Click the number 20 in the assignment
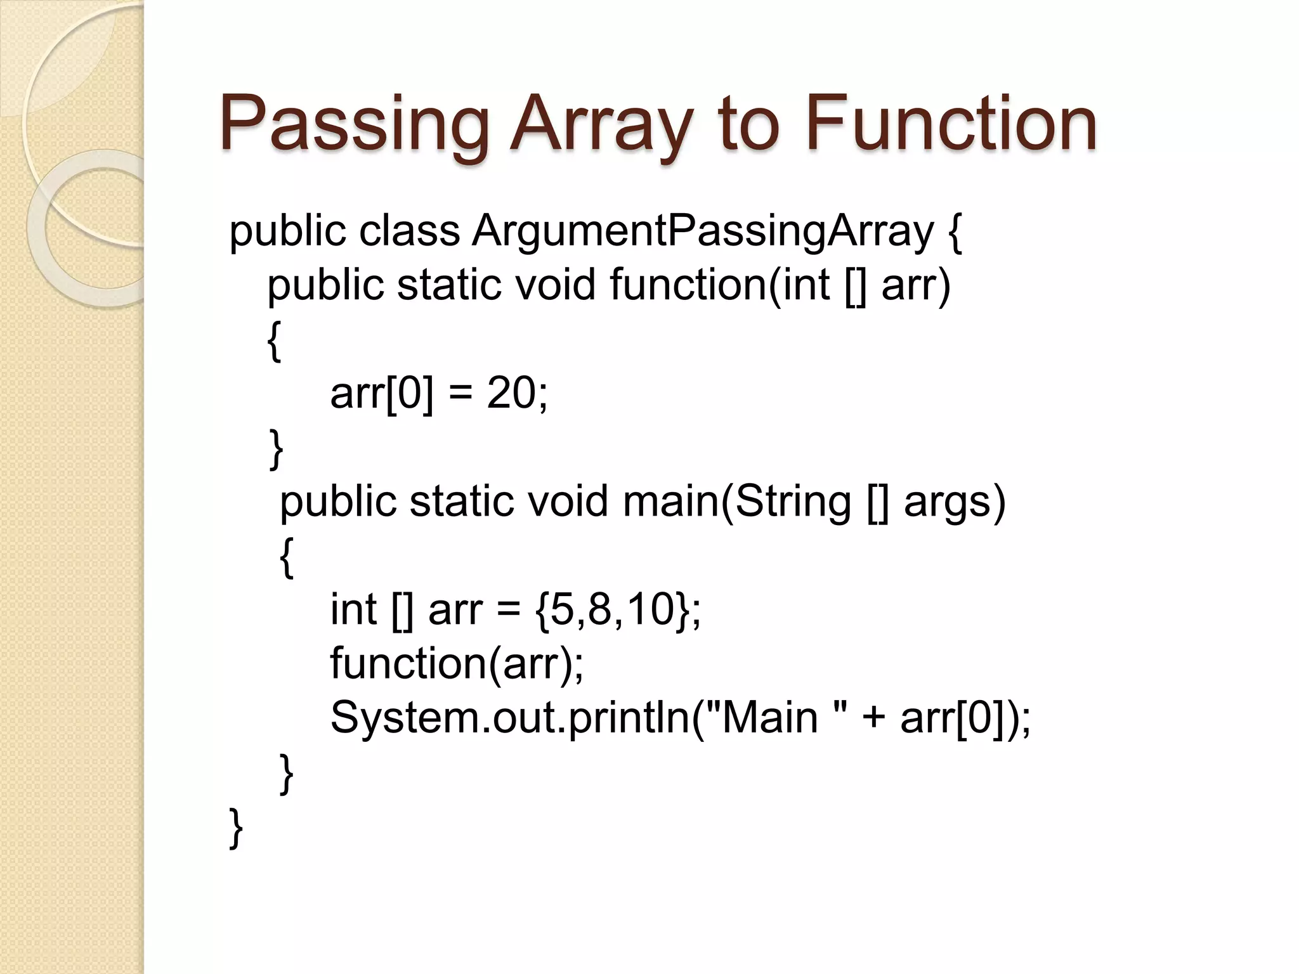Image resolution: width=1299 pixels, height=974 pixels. [x=511, y=393]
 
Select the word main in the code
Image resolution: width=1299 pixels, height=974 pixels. [x=672, y=501]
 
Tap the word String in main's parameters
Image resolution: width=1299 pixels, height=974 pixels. [x=793, y=501]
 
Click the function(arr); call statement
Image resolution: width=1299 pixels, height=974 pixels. [x=457, y=663]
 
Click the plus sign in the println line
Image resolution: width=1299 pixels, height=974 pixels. [x=873, y=719]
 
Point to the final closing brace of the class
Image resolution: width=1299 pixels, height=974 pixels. [x=235, y=827]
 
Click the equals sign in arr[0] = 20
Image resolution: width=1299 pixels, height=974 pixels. [x=460, y=394]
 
